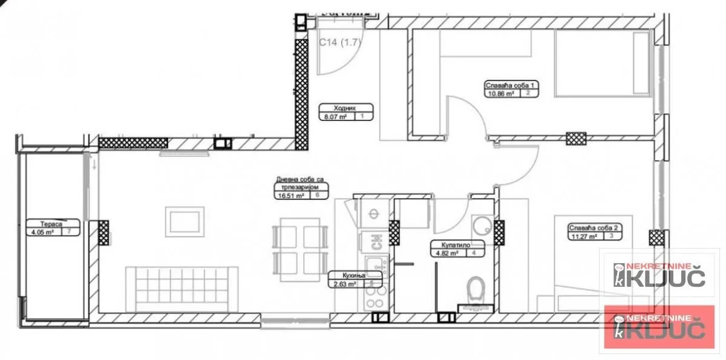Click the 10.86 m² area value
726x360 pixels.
click(x=500, y=94)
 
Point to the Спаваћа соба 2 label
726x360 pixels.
click(x=593, y=228)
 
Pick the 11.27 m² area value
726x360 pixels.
click(x=582, y=237)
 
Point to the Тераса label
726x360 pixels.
click(x=43, y=223)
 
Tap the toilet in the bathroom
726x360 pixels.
click(x=477, y=289)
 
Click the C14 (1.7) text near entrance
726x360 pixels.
click(x=339, y=42)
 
